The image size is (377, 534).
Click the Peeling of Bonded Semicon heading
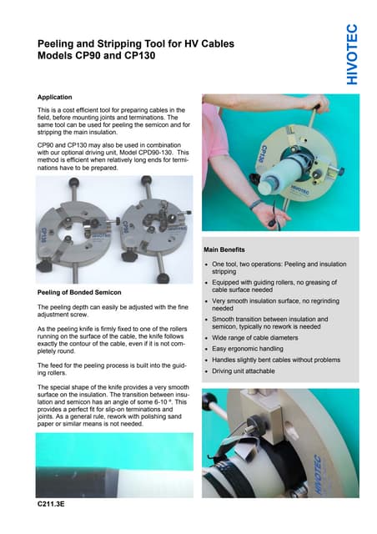[80, 293]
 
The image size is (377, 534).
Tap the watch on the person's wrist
[255, 203]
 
